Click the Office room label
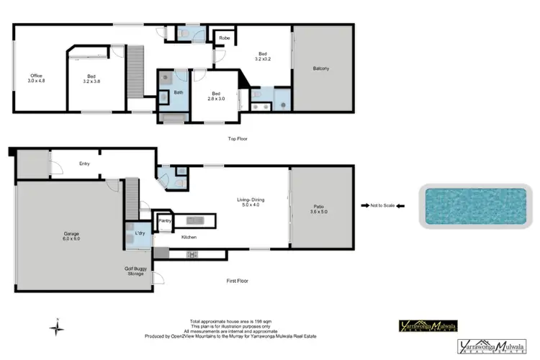[x=36, y=78]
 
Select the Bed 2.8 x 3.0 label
[x=215, y=96]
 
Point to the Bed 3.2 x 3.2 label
[x=264, y=56]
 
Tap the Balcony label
[x=322, y=69]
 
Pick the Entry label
[x=84, y=164]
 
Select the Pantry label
[x=165, y=220]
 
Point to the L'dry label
[x=140, y=234]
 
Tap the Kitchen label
[x=189, y=237]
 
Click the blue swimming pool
[x=472, y=206]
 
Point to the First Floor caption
[x=237, y=281]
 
